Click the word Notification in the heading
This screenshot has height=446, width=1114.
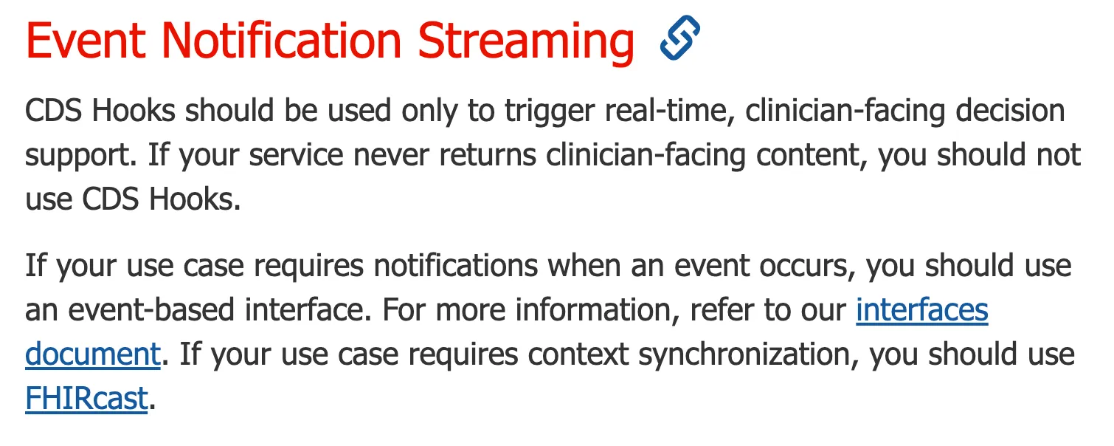(282, 41)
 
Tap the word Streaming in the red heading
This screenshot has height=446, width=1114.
(526, 44)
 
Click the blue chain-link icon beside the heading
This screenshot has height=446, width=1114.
(680, 38)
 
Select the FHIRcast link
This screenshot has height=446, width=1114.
(86, 398)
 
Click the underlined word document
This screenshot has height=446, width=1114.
(93, 354)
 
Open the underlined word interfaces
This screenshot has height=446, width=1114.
(922, 309)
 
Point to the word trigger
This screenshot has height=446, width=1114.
(550, 111)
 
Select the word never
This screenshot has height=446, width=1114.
(391, 155)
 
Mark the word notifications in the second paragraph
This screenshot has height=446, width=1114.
(455, 265)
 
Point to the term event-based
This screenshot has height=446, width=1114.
(151, 309)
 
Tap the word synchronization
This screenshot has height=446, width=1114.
(749, 354)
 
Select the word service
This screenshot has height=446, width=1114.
(296, 155)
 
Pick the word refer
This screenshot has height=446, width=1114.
(722, 309)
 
